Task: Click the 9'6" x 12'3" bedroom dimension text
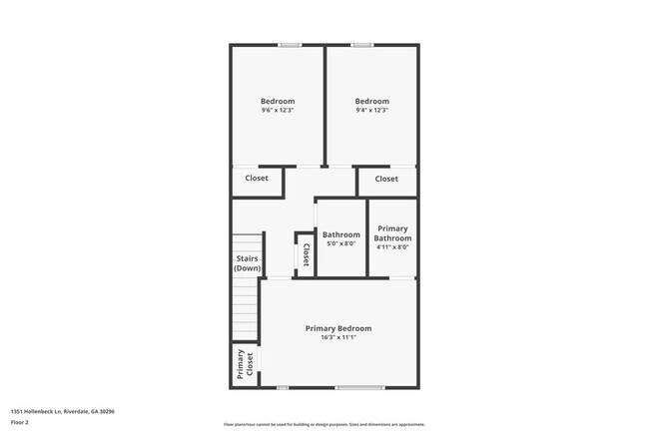(x=278, y=111)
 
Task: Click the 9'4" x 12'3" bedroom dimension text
(x=371, y=111)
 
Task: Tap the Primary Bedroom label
(x=338, y=328)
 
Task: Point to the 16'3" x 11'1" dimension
(x=338, y=338)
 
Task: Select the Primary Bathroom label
(x=392, y=233)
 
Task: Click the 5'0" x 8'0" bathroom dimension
(x=341, y=244)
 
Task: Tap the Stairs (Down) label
(x=248, y=263)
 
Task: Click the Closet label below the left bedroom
(x=257, y=179)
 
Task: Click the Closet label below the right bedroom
(x=386, y=179)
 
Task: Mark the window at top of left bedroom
(x=290, y=44)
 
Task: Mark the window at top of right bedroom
(x=361, y=44)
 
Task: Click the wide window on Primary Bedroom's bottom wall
(x=359, y=388)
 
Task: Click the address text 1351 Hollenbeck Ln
(x=63, y=411)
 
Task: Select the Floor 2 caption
(x=21, y=422)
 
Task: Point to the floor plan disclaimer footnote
(x=324, y=424)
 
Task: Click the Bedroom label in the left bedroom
(x=278, y=101)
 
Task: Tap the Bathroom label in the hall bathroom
(x=341, y=234)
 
